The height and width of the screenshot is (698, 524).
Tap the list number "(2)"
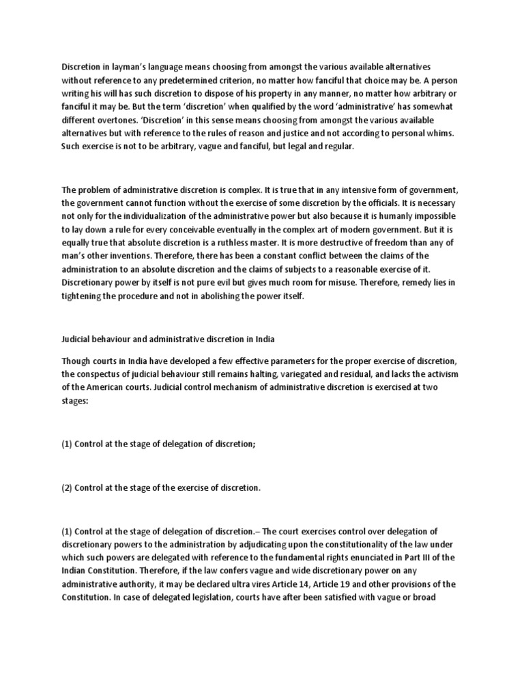tap(67, 488)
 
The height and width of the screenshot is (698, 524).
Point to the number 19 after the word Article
tap(370, 585)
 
